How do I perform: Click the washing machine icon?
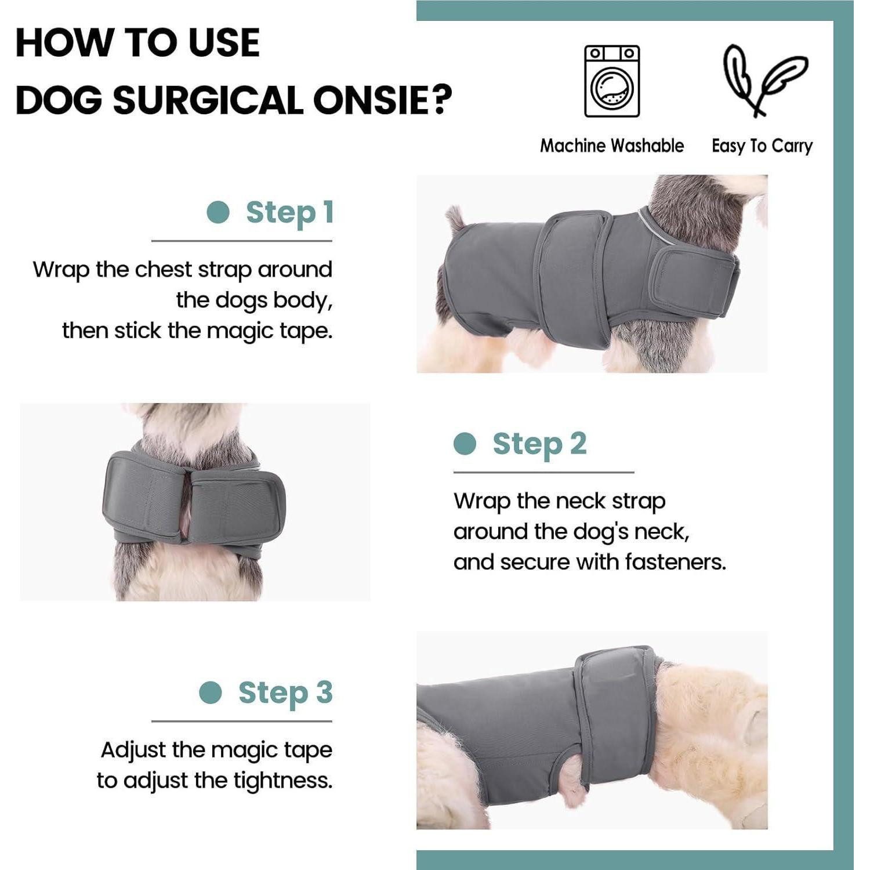coord(612,81)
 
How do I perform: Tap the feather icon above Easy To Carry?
coord(764,80)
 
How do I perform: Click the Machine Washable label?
coord(612,146)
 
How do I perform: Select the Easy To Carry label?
coord(762,146)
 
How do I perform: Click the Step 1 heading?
coord(289,212)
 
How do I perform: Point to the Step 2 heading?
coord(539,444)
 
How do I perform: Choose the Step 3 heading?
coord(285,693)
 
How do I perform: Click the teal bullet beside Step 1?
coord(218,212)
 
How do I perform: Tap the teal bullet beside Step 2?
coord(465,444)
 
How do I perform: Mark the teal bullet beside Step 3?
coord(211,693)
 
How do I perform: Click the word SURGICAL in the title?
coord(208,100)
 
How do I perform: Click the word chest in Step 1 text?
coord(163,270)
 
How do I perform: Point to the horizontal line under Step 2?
coord(543,473)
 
